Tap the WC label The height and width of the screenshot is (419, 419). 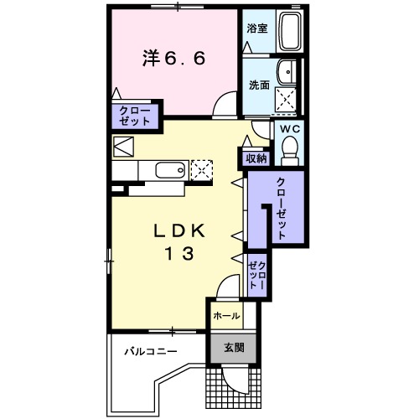point(290,128)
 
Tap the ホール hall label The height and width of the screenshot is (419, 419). point(225,316)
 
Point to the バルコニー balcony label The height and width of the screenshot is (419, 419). point(152,351)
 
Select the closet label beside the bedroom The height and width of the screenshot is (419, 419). point(134,116)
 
